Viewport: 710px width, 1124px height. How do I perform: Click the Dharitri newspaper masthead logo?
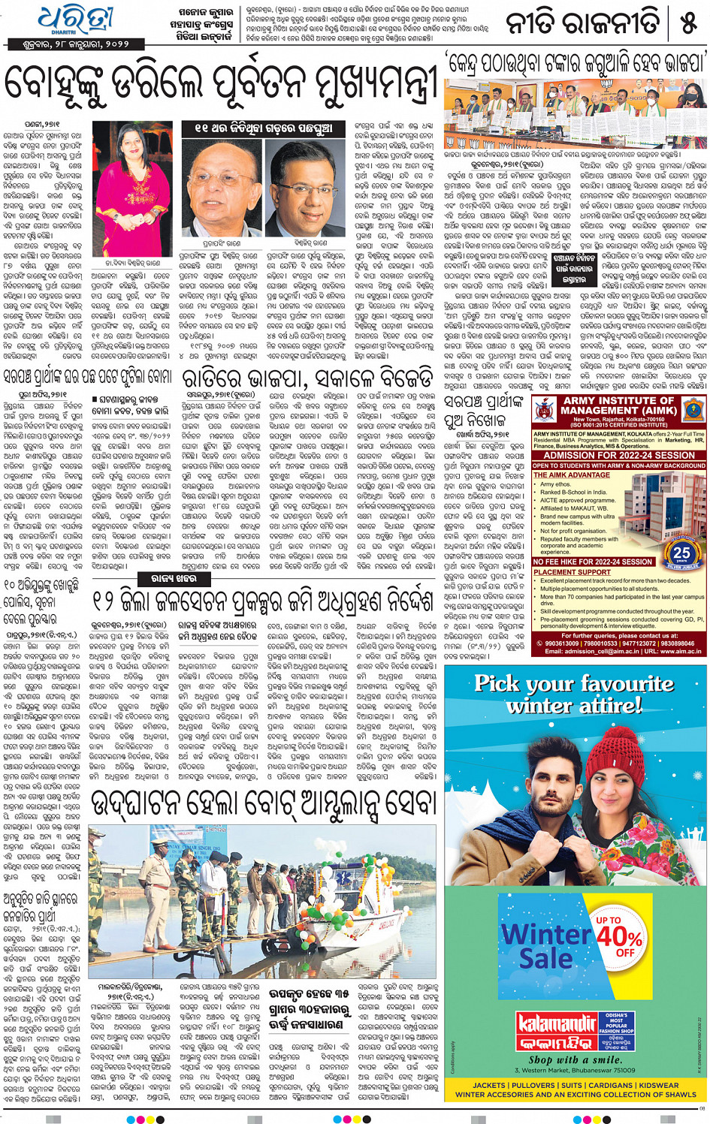pyautogui.click(x=77, y=20)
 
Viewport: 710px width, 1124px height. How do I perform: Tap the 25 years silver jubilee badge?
pyautogui.click(x=681, y=553)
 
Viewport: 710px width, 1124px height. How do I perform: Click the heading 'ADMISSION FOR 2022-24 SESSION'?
pyautogui.click(x=619, y=455)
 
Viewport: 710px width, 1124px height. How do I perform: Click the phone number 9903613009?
pyautogui.click(x=562, y=643)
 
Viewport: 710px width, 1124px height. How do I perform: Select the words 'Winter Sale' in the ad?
pyautogui.click(x=547, y=946)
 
